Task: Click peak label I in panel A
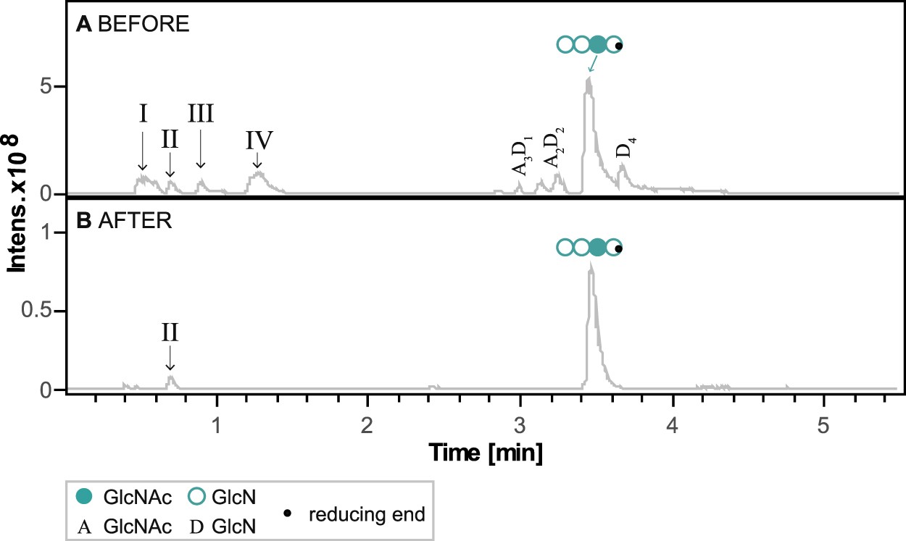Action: click(143, 114)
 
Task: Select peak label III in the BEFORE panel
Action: click(200, 114)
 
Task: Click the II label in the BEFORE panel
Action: click(170, 139)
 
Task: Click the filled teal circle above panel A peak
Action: click(597, 45)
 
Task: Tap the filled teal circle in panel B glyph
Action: click(597, 248)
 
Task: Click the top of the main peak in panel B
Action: click(591, 265)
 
